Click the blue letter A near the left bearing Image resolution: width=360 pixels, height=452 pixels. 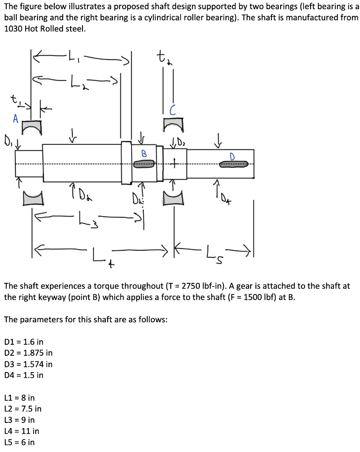pyautogui.click(x=15, y=118)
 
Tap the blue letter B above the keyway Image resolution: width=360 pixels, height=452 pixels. pyautogui.click(x=143, y=154)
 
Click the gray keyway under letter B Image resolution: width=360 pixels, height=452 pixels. pyautogui.click(x=144, y=164)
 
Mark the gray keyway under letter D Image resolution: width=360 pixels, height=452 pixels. pyautogui.click(x=234, y=164)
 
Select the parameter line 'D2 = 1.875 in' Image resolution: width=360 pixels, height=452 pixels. pyautogui.click(x=28, y=353)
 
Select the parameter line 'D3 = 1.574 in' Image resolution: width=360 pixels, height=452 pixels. pyautogui.click(x=28, y=364)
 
